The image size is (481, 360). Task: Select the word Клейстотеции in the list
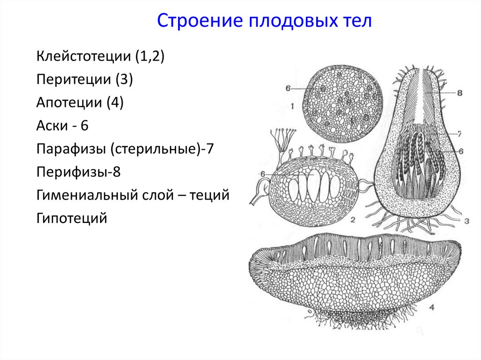83,57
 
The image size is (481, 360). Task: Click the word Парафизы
71,149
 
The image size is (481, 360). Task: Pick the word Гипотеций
71,218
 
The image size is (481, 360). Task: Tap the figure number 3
466,221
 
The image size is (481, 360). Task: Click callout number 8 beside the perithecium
459,93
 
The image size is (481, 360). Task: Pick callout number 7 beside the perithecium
459,134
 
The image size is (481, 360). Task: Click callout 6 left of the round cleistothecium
288,88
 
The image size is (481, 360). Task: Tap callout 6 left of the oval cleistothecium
263,174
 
